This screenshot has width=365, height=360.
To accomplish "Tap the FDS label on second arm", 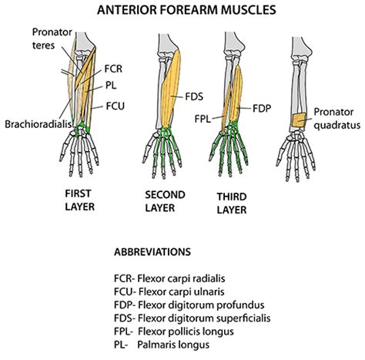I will (x=194, y=98).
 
